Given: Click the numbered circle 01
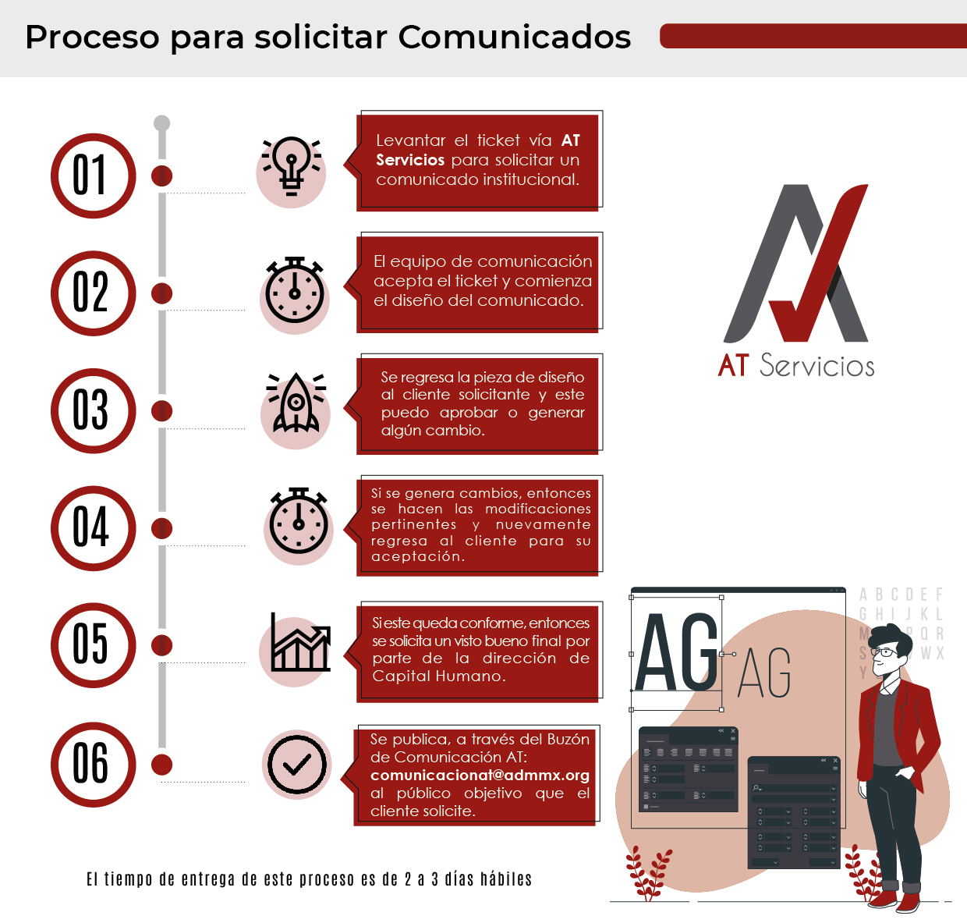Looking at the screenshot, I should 93,176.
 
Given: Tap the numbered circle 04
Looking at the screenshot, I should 93,528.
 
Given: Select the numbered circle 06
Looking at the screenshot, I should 93,764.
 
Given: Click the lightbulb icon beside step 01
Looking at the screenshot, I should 292,165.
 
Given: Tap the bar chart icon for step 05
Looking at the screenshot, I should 300,644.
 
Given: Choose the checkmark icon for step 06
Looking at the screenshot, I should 297,765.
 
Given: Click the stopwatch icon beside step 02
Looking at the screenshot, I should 295,290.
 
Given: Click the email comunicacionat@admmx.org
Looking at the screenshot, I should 480,776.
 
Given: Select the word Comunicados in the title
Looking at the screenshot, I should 515,37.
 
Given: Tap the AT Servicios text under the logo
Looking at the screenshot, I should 796,366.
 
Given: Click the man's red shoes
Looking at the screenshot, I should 897,900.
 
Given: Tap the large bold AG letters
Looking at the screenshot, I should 677,652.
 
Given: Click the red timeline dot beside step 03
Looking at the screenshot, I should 162,410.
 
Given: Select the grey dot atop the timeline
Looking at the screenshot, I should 162,123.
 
